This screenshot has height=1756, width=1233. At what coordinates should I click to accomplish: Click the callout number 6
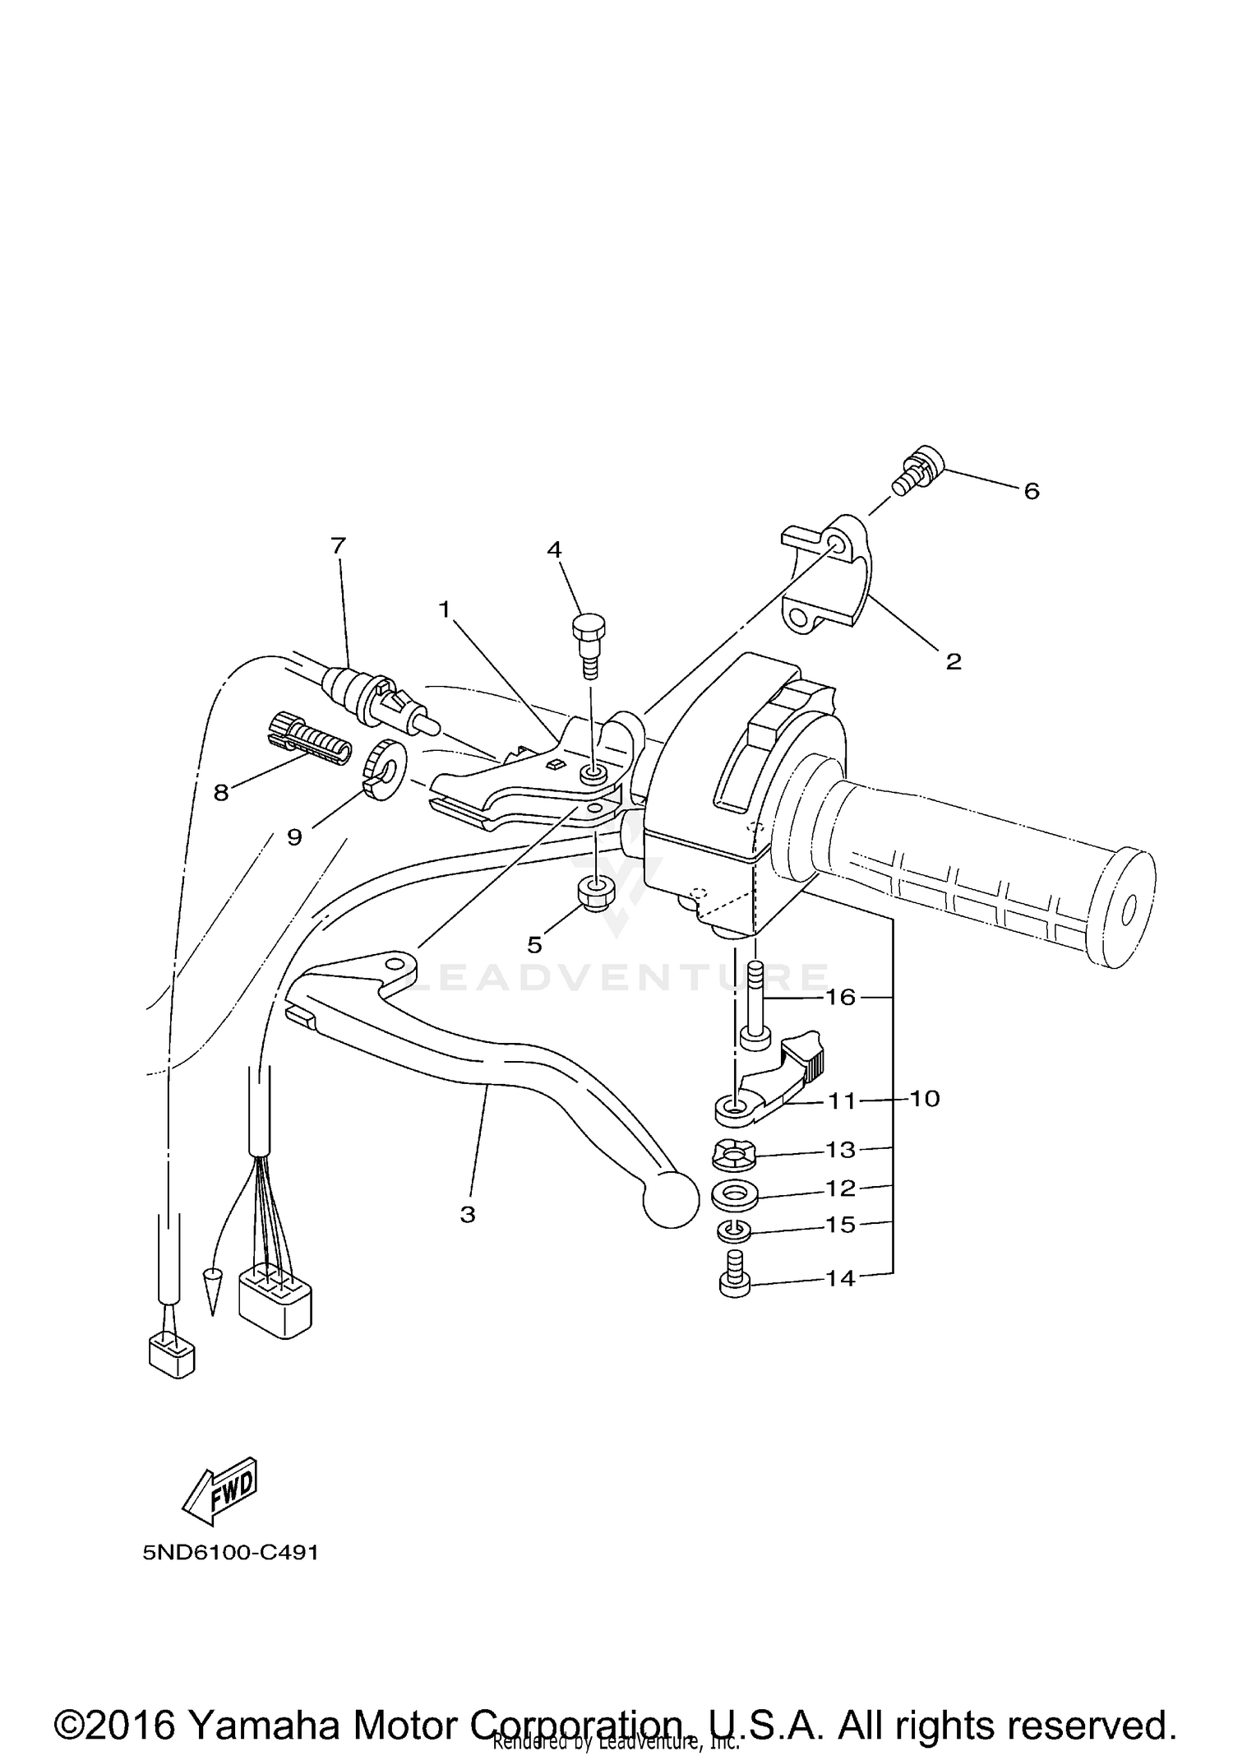(1031, 491)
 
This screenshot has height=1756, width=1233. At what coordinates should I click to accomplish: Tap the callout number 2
(953, 661)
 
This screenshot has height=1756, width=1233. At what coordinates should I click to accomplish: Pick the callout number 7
(338, 545)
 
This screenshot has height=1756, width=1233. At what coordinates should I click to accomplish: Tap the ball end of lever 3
(672, 1202)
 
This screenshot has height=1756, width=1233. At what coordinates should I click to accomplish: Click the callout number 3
(468, 1214)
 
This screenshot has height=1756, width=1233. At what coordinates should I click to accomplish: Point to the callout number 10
(926, 1099)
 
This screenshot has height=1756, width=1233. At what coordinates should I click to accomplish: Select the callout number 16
(841, 997)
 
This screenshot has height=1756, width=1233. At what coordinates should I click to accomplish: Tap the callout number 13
(840, 1149)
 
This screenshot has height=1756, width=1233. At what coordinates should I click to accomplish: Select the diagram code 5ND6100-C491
(230, 1553)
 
